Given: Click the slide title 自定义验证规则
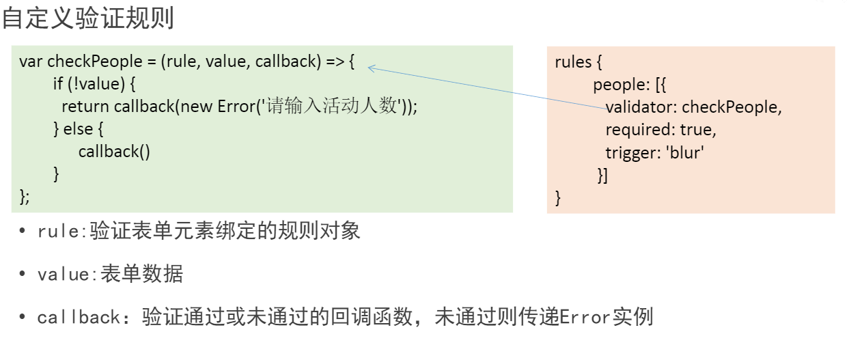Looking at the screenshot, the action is (x=88, y=18).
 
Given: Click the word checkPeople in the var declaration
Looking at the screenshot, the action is (x=95, y=61).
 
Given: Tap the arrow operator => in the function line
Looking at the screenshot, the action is (x=335, y=61).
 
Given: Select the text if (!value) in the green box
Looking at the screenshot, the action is (x=89, y=84).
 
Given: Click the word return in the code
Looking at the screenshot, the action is (x=85, y=107).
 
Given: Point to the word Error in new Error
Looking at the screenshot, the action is (x=236, y=107).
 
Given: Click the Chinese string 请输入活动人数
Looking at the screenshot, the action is (x=331, y=106).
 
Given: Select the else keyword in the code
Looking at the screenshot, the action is (x=78, y=129).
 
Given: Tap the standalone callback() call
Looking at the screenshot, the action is (x=114, y=152).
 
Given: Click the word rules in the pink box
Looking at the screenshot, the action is (x=573, y=62).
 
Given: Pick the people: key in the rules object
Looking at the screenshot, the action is (x=622, y=85).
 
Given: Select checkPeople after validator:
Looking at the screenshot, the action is (x=729, y=107).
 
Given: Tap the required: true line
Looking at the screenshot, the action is (x=660, y=130).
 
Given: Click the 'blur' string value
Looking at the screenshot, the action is (x=684, y=152).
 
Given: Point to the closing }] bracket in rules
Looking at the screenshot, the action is (x=602, y=176).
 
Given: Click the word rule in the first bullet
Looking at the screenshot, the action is (x=58, y=231).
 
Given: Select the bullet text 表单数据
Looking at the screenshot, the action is (x=141, y=274).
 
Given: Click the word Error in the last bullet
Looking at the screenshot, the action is (x=585, y=317).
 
